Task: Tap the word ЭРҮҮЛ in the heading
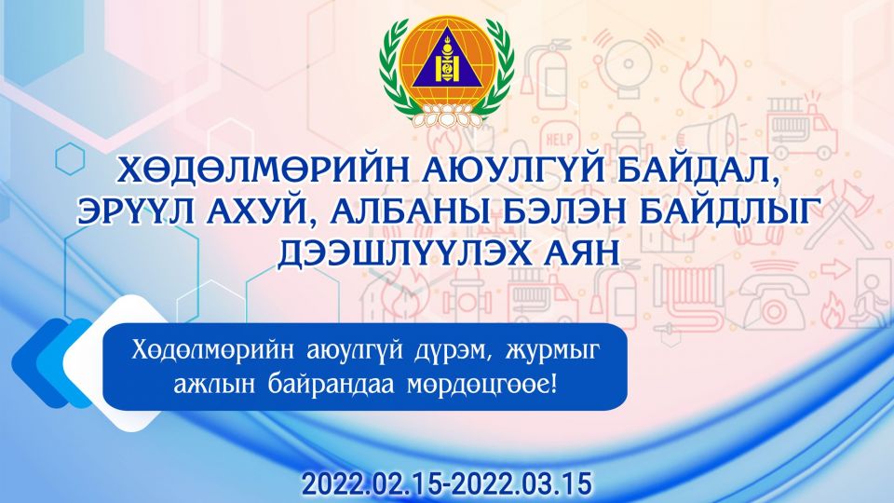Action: [137, 211]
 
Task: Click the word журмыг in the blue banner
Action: [550, 351]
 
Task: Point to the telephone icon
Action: [773, 296]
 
